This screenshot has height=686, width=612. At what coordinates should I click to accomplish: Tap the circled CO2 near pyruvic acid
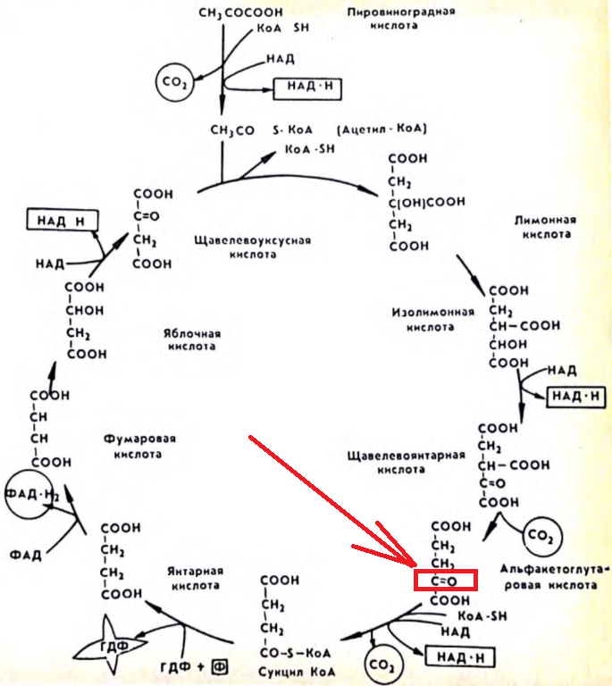pyautogui.click(x=172, y=83)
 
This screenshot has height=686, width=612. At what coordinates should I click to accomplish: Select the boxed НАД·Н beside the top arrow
pyautogui.click(x=307, y=88)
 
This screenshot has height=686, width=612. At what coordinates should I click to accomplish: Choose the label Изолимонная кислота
pyautogui.click(x=423, y=320)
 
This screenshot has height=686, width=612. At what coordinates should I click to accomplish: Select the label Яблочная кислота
pyautogui.click(x=191, y=340)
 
